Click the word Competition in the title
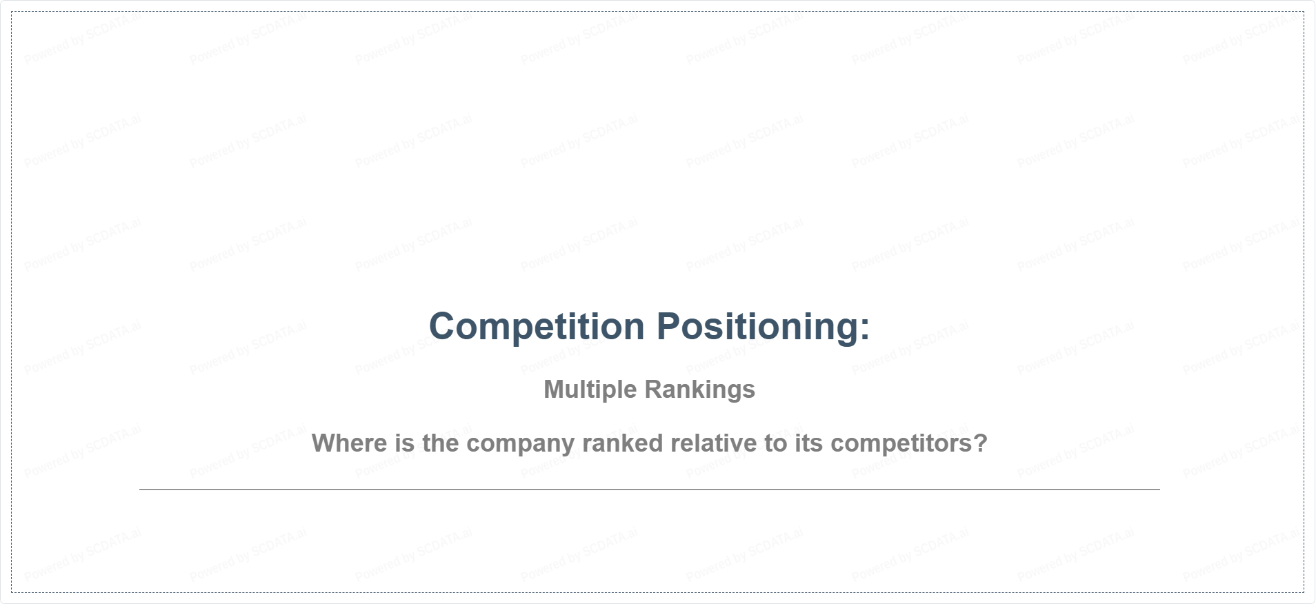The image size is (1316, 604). coord(537,327)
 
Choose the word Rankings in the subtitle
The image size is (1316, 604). coord(699,390)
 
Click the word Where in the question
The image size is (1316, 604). coord(350,443)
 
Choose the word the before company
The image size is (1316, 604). coord(441,443)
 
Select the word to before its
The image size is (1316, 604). coord(776,444)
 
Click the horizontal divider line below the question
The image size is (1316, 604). coord(650,489)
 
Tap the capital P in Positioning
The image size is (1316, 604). coord(668,327)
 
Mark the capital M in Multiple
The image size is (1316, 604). coord(554,390)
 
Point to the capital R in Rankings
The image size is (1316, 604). coord(653,390)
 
